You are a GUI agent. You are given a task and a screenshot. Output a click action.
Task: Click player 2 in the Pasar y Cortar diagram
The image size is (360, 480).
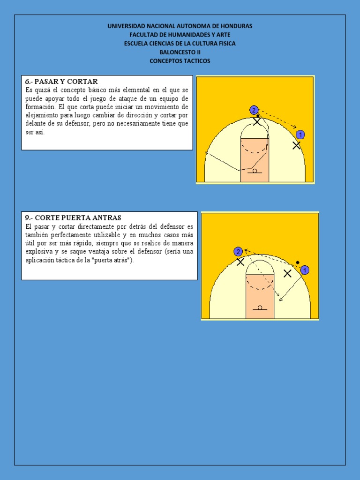[254, 110]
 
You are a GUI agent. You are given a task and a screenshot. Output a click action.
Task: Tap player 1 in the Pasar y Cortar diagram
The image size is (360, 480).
[300, 135]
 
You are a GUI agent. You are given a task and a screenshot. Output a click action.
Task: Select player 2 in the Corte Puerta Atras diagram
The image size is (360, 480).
[238, 252]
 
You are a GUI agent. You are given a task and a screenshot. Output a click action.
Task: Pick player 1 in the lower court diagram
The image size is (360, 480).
[305, 270]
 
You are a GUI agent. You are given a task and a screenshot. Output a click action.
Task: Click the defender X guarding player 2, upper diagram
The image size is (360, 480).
[257, 121]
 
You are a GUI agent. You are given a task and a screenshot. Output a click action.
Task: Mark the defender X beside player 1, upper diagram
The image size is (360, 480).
[296, 145]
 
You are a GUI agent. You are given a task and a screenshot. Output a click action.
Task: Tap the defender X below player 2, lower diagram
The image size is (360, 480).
[240, 262]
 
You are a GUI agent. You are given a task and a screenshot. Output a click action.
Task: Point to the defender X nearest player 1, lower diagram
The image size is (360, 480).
[287, 273]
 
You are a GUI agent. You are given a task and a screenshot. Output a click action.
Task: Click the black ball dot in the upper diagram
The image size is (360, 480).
[258, 116]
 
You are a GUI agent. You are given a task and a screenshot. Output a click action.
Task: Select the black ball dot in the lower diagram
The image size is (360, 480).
[297, 262]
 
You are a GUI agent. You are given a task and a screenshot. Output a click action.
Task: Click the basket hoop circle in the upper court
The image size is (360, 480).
[255, 171]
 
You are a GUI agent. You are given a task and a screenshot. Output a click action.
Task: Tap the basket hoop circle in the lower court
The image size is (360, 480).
[260, 307]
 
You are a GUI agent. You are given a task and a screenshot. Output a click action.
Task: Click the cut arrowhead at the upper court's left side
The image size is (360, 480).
[207, 152]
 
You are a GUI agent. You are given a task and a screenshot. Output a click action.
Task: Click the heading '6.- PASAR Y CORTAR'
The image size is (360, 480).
[61, 82]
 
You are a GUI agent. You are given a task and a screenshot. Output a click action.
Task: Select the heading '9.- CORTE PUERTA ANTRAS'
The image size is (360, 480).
[73, 218]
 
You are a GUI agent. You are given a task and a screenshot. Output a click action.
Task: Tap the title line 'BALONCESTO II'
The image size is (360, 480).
[180, 52]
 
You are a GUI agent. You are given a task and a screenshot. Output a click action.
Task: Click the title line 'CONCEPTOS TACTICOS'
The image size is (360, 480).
[180, 61]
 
